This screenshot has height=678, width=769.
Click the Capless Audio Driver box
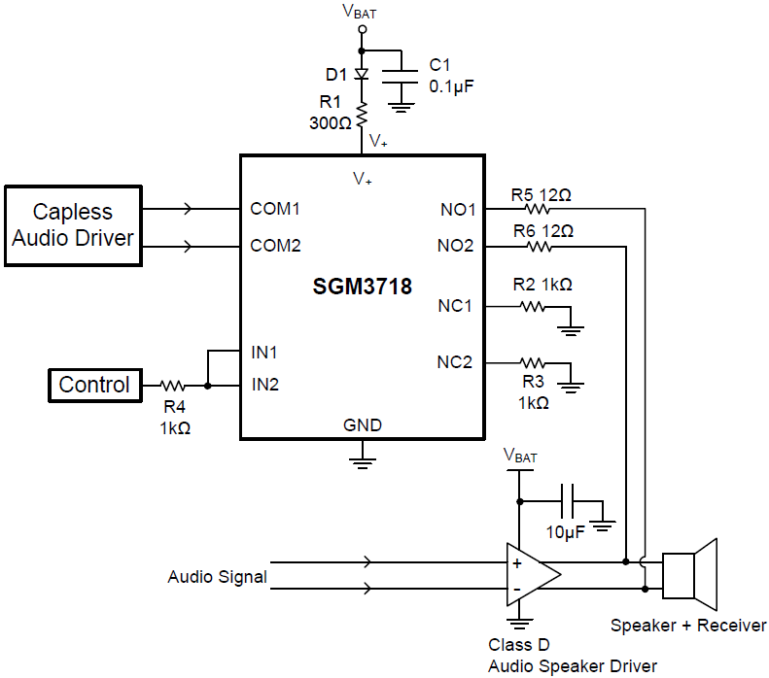pos(73,225)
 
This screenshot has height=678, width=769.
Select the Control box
pos(94,385)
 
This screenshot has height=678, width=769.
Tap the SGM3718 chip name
pos(362,288)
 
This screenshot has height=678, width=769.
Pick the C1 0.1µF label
pos(449,76)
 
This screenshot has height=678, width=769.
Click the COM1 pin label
pos(275,209)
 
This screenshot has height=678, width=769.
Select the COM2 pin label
pos(275,246)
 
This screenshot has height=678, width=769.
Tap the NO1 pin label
pos(456,209)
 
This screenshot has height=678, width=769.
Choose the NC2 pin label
pos(455,362)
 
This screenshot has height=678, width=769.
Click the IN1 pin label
pos(264,351)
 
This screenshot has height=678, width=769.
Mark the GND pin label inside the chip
pos(363,425)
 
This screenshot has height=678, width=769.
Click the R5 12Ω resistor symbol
pos(537,209)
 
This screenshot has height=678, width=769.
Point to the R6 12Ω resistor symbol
pos(537,246)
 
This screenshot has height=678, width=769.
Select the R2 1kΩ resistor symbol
pos(533,307)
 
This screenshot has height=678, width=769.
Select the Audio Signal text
pos(217,577)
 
